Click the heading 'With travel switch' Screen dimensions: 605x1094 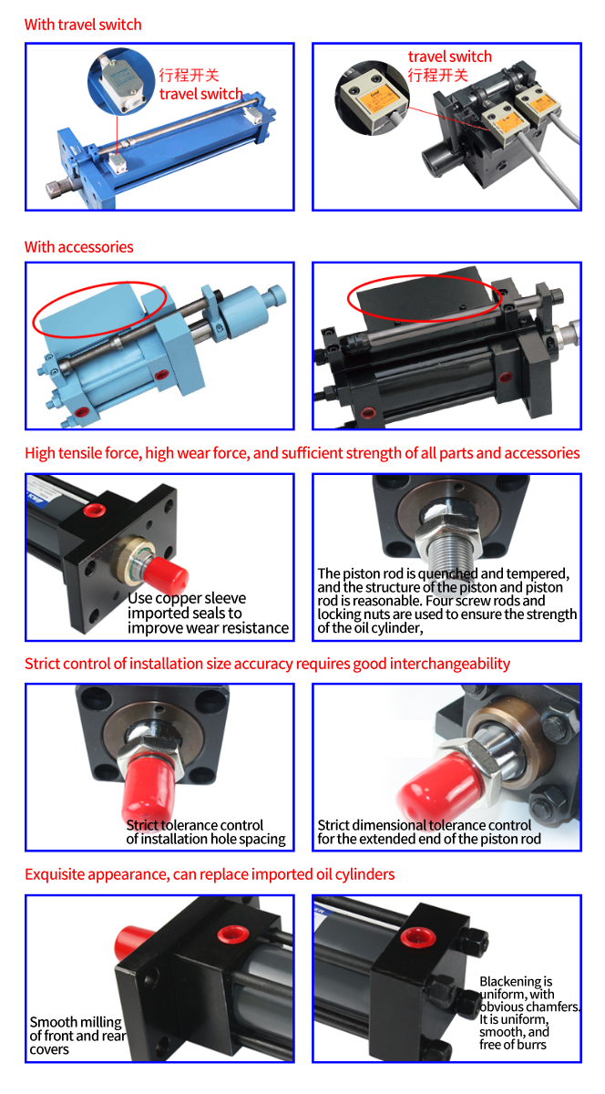83,25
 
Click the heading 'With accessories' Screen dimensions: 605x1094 79,247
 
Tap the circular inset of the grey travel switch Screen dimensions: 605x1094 121,81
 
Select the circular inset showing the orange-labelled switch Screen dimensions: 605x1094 372,98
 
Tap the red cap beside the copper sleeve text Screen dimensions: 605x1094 166,577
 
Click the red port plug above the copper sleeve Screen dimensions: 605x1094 94,511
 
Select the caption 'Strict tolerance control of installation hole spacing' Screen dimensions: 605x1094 206,831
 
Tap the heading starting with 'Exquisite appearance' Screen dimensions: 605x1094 210,873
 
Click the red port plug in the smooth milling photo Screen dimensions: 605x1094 233,934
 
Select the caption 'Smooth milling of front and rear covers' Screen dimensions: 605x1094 78,1036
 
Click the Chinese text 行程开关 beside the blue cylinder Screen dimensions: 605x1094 189,75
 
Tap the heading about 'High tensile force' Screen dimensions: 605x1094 302,453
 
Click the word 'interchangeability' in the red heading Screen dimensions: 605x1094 450,664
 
